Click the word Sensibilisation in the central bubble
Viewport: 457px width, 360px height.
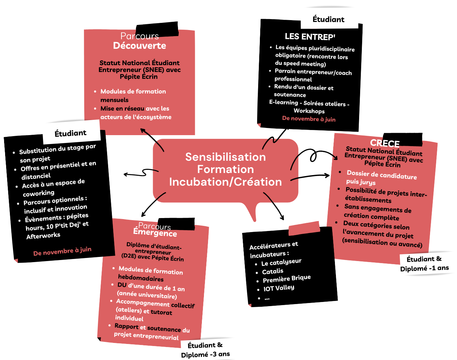click(x=225, y=157)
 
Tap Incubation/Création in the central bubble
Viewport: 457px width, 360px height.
click(x=225, y=182)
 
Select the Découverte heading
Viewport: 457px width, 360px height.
click(x=139, y=46)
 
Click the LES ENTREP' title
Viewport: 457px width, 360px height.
click(x=310, y=37)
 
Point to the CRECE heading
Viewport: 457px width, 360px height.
click(x=385, y=143)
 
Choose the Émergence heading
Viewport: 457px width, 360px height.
click(x=155, y=233)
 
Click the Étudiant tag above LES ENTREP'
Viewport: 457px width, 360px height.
click(x=328, y=19)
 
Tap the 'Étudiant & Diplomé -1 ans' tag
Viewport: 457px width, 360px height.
click(x=424, y=264)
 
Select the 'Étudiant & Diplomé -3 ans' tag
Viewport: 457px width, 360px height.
click(x=205, y=350)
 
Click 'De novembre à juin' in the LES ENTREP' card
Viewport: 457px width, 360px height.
click(x=309, y=119)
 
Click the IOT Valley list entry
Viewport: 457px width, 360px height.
click(x=279, y=288)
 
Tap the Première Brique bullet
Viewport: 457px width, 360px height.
click(x=286, y=279)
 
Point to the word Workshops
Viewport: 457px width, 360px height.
click(x=309, y=111)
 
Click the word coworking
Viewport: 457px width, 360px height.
click(x=39, y=193)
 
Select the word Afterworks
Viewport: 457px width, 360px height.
click(x=43, y=235)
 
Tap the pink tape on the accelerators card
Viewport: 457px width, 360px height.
click(x=304, y=228)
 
